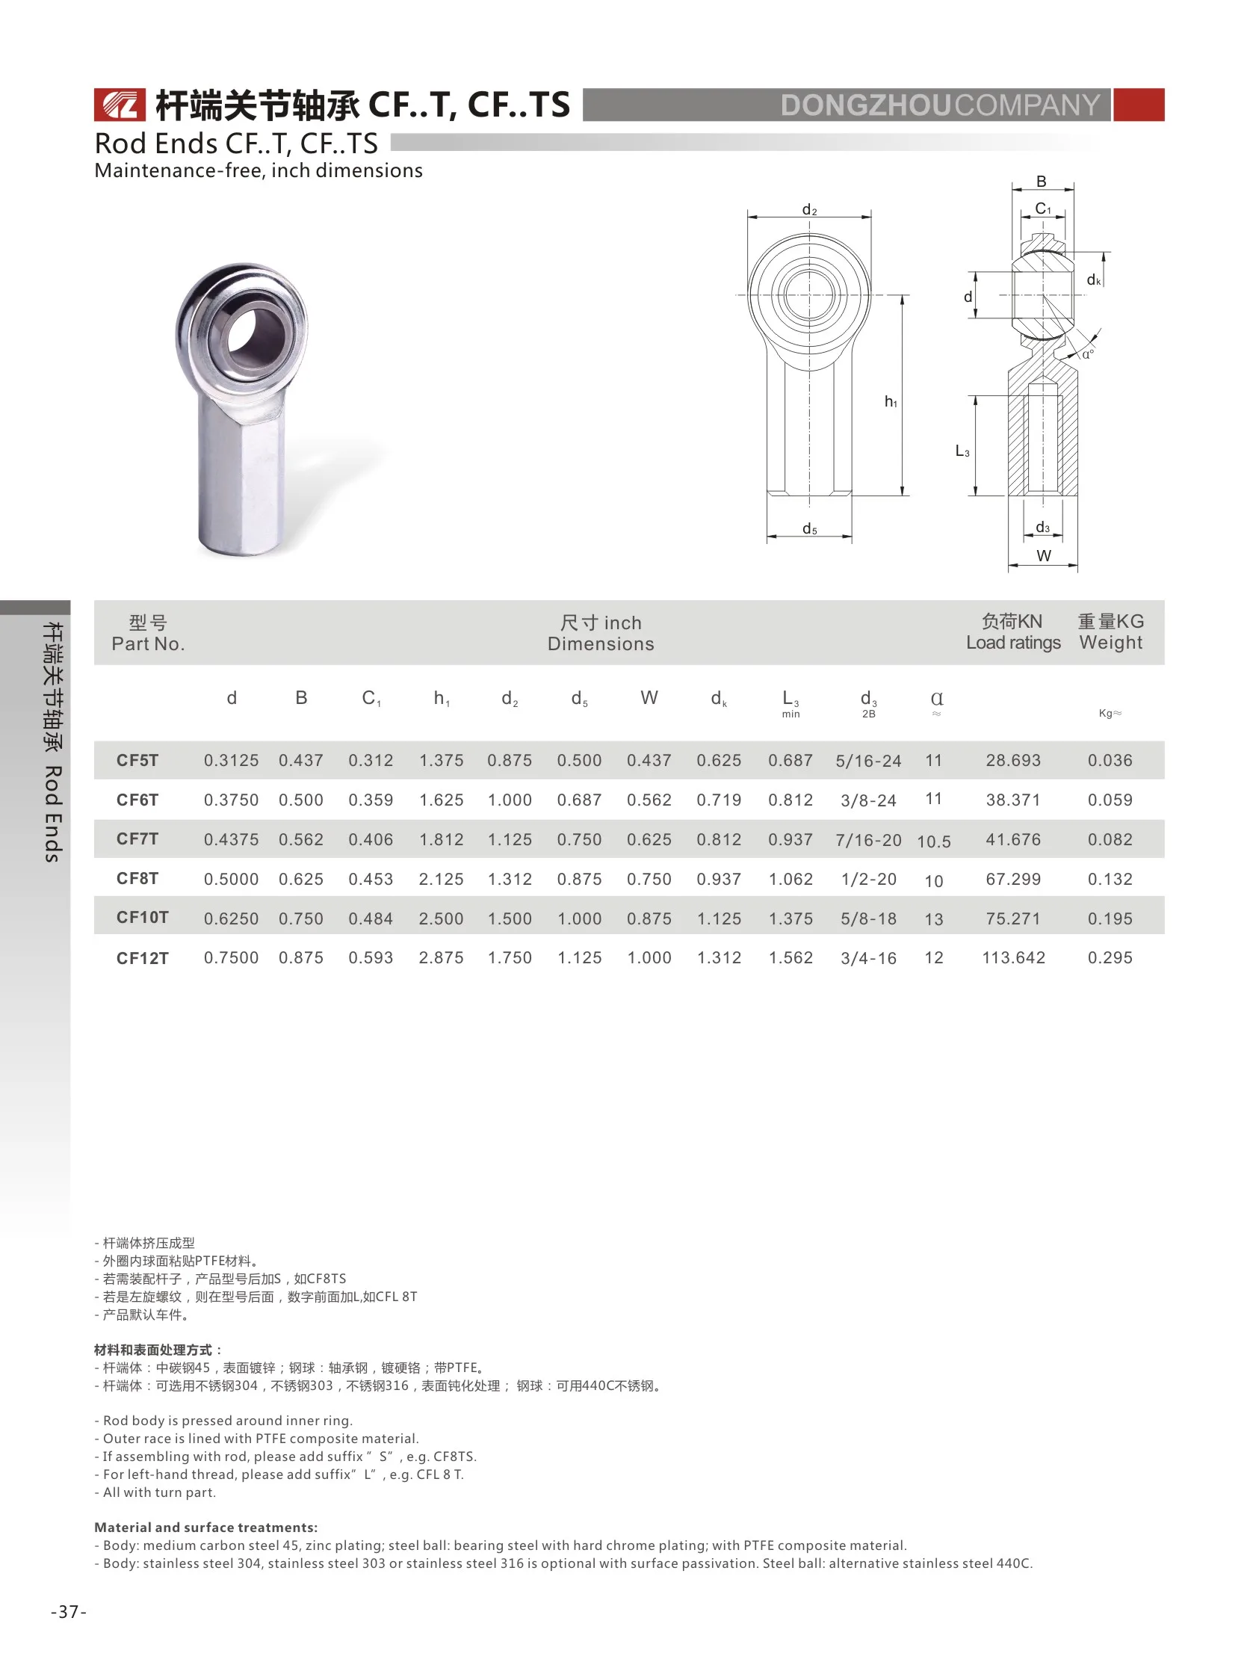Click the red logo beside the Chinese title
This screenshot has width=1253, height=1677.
click(x=119, y=105)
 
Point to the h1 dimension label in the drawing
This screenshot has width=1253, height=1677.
click(x=891, y=402)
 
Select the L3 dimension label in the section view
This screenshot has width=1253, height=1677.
click(x=962, y=451)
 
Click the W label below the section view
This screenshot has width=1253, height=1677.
click(x=1044, y=556)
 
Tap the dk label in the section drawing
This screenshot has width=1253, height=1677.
click(x=1093, y=279)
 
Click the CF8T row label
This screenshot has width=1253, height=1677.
click(x=137, y=878)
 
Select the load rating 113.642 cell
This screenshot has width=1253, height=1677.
click(x=1012, y=957)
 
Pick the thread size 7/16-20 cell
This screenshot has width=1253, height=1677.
click(x=868, y=840)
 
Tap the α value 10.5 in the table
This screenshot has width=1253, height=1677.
click(x=933, y=841)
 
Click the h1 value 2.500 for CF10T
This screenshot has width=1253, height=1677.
click(x=440, y=919)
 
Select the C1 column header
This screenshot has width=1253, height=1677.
click(x=371, y=698)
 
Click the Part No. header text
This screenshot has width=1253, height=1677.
click(x=148, y=643)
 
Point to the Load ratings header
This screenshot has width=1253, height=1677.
click(x=1012, y=642)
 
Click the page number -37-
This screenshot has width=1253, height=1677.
click(x=68, y=1611)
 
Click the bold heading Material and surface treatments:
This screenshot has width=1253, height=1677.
click(x=205, y=1527)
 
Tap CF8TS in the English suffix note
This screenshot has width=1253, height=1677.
click(x=454, y=1457)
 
